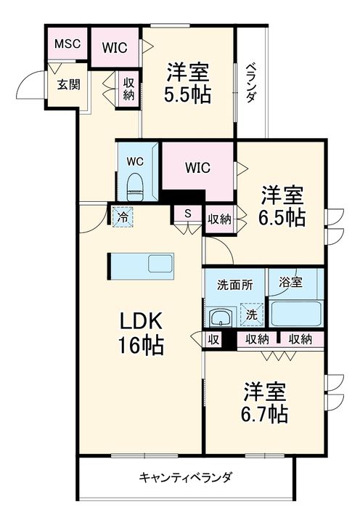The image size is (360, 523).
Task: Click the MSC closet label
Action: pyautogui.click(x=67, y=44)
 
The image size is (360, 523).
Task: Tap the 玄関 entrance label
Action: pyautogui.click(x=69, y=84)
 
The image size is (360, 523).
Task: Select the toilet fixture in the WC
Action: pyautogui.click(x=135, y=187)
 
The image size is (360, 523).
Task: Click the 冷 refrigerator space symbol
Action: pyautogui.click(x=123, y=217)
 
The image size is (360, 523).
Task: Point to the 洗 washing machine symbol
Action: pyautogui.click(x=252, y=315)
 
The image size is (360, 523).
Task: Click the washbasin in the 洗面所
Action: pyautogui.click(x=221, y=317)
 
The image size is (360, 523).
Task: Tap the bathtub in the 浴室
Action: pyautogui.click(x=295, y=314)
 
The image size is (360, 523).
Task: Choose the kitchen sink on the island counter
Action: pyautogui.click(x=160, y=263)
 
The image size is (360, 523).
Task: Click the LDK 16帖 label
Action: pyautogui.click(x=141, y=333)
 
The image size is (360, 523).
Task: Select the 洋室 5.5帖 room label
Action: pyautogui.click(x=188, y=83)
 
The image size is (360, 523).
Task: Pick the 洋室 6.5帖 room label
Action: pyautogui.click(x=282, y=206)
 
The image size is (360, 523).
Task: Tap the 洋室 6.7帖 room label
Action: pyautogui.click(x=265, y=402)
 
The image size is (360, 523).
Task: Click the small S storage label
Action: pyautogui.click(x=188, y=214)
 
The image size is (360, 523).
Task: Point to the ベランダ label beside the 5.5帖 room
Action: pyautogui.click(x=251, y=83)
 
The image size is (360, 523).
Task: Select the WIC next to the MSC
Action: pyautogui.click(x=115, y=48)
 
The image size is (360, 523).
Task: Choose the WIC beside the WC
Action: pyautogui.click(x=197, y=168)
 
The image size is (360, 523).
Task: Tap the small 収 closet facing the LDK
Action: pyautogui.click(x=213, y=339)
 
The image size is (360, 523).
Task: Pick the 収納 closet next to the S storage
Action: pyautogui.click(x=220, y=219)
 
